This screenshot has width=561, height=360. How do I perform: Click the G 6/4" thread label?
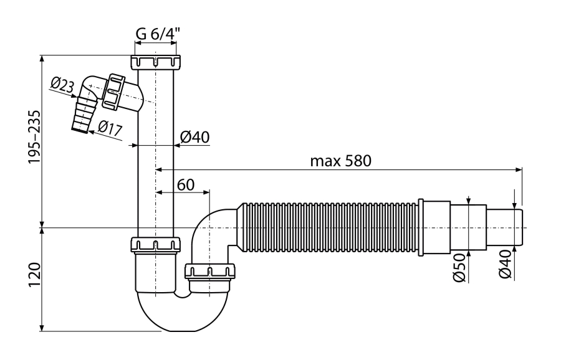point(158,34)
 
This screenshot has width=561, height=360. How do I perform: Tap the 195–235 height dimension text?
point(36,138)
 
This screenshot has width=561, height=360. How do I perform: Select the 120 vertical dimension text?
point(36,275)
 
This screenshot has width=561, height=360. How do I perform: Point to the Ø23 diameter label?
point(62,86)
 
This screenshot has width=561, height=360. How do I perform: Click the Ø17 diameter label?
point(110,128)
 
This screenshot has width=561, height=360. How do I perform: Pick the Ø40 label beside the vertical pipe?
point(194,137)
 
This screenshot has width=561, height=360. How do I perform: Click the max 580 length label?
point(340,161)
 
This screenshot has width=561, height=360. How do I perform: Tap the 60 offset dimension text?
point(186,185)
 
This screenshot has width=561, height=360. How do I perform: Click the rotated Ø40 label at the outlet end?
point(505,264)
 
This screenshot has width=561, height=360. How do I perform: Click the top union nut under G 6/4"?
point(156,62)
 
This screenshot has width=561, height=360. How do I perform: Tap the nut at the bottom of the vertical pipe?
point(156,245)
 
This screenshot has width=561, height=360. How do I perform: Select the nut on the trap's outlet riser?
point(210,271)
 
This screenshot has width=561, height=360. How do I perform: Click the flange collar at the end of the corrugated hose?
point(421,227)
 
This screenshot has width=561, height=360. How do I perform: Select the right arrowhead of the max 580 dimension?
point(518,169)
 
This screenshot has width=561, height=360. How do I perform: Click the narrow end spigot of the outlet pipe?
point(504,227)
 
